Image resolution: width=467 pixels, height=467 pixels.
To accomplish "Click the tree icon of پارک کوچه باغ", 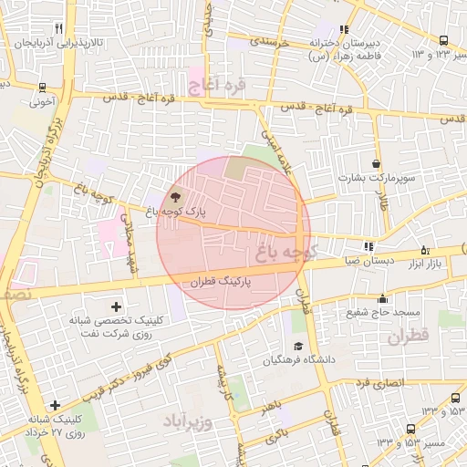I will pyautogui.click(x=175, y=196).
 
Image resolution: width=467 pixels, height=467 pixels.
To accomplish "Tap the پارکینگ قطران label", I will pyautogui.click(x=218, y=283).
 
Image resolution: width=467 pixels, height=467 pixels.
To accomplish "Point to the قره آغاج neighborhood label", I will pyautogui.click(x=218, y=88).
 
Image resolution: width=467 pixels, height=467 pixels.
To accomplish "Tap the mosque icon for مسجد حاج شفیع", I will pyautogui.click(x=382, y=298).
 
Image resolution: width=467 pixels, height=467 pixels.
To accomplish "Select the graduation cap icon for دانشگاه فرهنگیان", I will pyautogui.click(x=298, y=347).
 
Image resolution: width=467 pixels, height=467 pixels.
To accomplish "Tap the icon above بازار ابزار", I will pyautogui.click(x=424, y=250).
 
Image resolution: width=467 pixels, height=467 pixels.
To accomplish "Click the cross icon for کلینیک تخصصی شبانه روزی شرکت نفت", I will pyautogui.click(x=116, y=306).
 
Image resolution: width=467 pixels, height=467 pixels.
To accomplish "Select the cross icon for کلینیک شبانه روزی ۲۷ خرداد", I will pyautogui.click(x=56, y=405).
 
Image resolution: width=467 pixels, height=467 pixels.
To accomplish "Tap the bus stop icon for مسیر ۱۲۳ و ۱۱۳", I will pyautogui.click(x=443, y=40).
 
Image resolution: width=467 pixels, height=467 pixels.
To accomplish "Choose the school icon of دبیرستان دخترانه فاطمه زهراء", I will pyautogui.click(x=344, y=29).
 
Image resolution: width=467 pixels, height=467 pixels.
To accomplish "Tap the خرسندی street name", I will pyautogui.click(x=270, y=41).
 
